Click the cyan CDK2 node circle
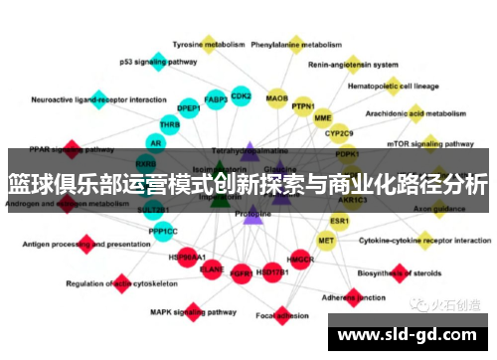pyautogui.click(x=241, y=96)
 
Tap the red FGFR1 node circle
pyautogui.click(x=240, y=270)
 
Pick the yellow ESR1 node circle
pyautogui.click(x=340, y=220)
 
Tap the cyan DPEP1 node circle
pyautogui.click(x=188, y=107)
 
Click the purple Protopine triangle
pyautogui.click(x=252, y=214)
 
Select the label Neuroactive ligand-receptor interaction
pyautogui.click(x=99, y=99)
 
